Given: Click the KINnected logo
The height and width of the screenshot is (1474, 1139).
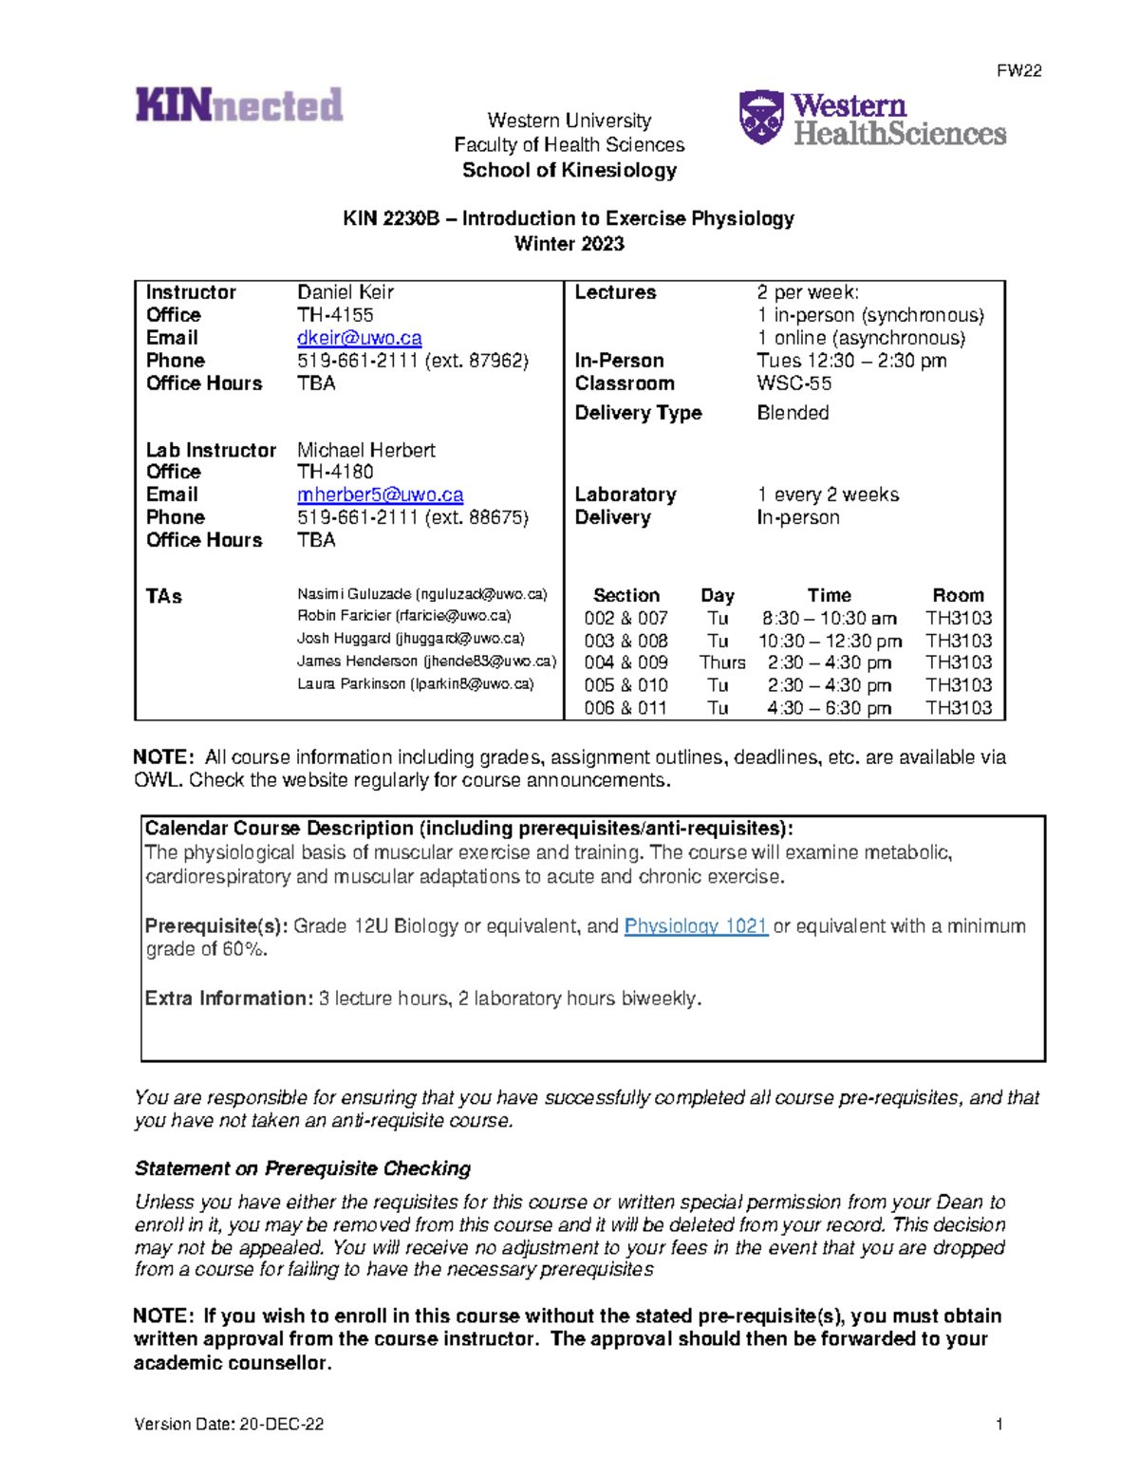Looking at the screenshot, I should (239, 104).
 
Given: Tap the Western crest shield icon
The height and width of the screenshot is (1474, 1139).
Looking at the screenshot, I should (761, 117).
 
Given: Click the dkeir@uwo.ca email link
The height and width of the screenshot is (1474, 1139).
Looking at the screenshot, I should (359, 338).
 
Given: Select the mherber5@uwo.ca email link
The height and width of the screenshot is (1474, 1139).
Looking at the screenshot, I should (380, 494).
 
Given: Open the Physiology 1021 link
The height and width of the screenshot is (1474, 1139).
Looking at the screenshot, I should (696, 925).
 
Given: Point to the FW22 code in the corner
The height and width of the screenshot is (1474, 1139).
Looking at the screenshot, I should (1019, 71).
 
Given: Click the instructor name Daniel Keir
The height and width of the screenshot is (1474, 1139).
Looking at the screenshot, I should (345, 292).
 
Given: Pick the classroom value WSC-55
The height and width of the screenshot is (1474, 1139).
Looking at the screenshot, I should (794, 383).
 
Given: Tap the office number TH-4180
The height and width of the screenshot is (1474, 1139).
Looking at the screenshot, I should (335, 472).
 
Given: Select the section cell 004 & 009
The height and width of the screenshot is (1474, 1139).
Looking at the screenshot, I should (626, 662).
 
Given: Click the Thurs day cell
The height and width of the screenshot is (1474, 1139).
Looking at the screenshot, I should (722, 662).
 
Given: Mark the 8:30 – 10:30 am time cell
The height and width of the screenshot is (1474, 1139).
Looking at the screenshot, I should (830, 618).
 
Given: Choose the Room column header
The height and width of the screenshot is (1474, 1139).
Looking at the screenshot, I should (958, 595).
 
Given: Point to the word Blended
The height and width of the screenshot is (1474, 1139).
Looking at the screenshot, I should (793, 413).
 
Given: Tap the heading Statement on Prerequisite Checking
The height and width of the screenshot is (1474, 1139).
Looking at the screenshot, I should (303, 1168).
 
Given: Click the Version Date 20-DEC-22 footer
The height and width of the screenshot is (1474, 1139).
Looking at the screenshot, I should (229, 1424).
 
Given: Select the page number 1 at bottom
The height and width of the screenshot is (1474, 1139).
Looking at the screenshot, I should (999, 1424).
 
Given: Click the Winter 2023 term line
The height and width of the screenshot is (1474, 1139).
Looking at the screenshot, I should (569, 244).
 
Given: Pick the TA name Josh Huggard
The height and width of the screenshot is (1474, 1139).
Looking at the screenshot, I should (344, 639).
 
